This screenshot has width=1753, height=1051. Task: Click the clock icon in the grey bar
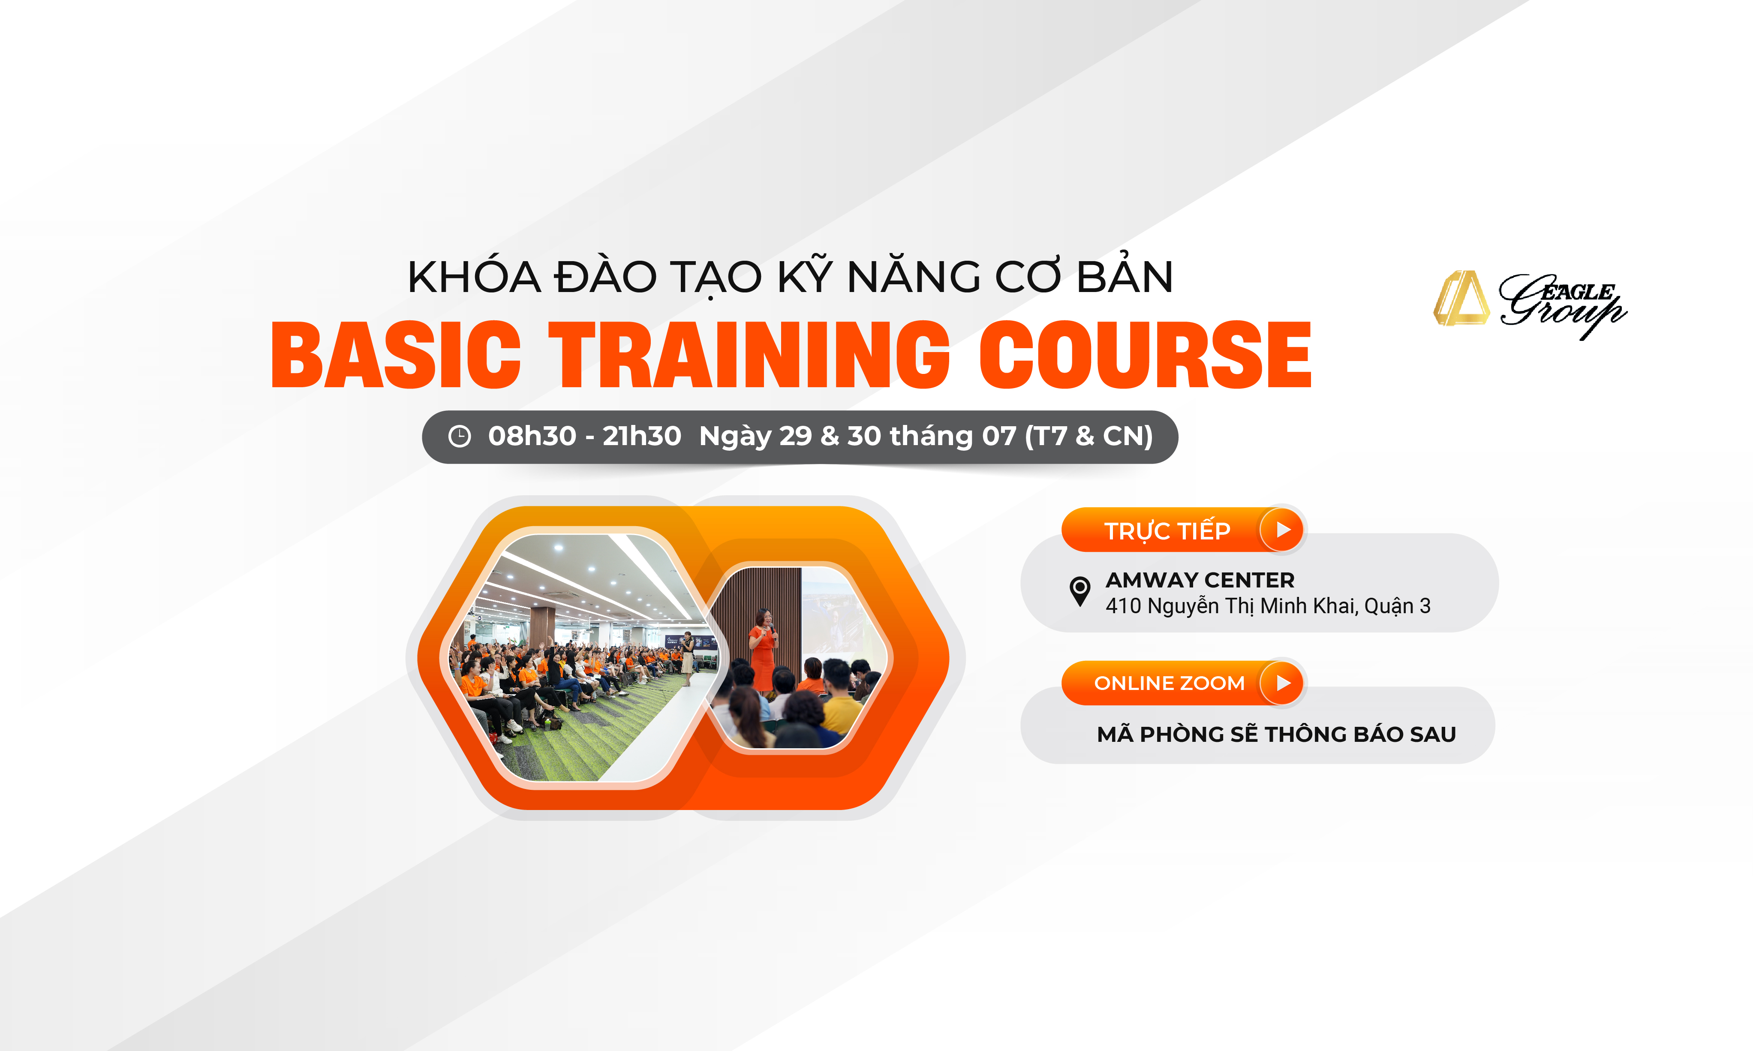coord(460,436)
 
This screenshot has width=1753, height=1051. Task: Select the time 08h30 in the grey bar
coord(532,436)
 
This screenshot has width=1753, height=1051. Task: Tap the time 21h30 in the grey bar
coord(641,436)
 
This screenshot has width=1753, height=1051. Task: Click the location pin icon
coord(1079,591)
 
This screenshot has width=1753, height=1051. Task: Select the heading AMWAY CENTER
coord(1200,580)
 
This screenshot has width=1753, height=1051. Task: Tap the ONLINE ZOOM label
coord(1169,684)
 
